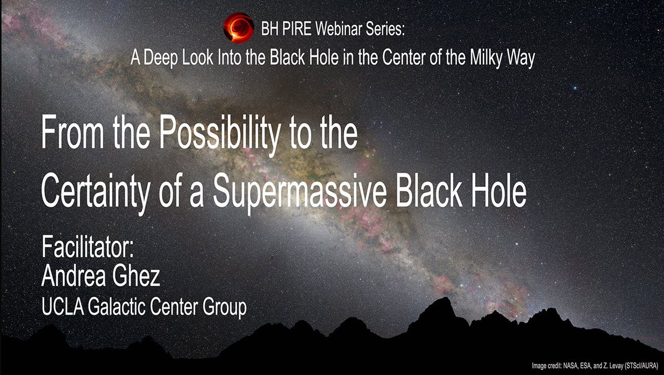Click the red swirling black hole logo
coord(238,28)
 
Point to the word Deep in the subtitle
coord(160,58)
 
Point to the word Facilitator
coord(88,246)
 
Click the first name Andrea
coord(74,276)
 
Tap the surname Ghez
coord(136,276)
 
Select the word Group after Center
coord(225,309)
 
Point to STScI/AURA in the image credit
coord(641,366)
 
